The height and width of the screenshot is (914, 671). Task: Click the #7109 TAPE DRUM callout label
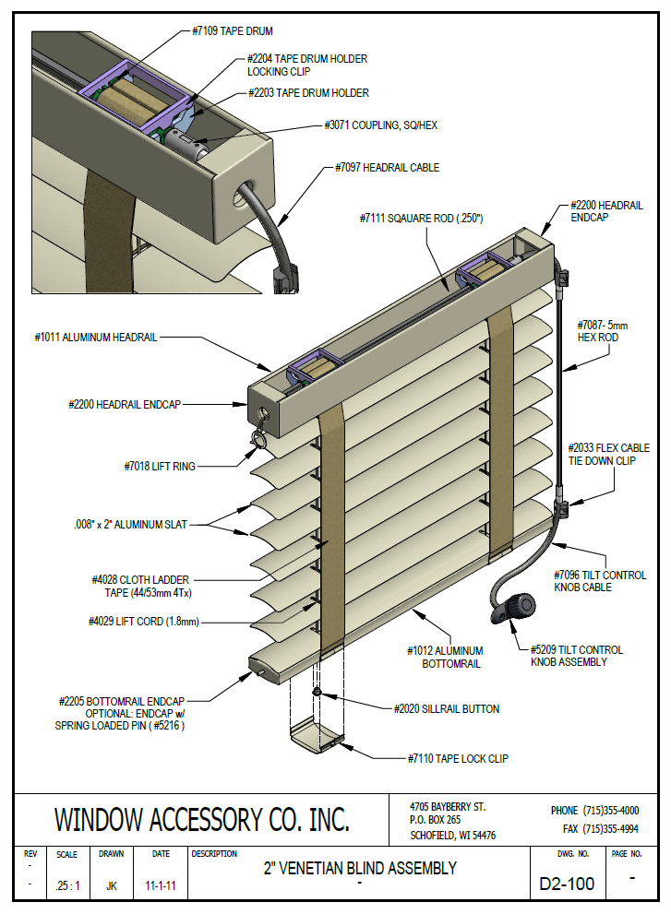233,31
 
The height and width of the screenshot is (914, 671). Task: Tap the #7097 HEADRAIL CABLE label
386,168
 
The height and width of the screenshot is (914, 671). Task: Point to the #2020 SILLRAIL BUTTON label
441,709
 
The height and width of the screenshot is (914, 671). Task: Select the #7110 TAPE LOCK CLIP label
457,758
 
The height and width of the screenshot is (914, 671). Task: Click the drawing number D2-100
567,885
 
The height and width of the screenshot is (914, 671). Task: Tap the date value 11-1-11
162,886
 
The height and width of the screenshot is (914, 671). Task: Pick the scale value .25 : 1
66,886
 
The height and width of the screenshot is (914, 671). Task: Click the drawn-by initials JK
112,886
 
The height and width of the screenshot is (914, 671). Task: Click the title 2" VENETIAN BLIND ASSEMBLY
361,868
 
